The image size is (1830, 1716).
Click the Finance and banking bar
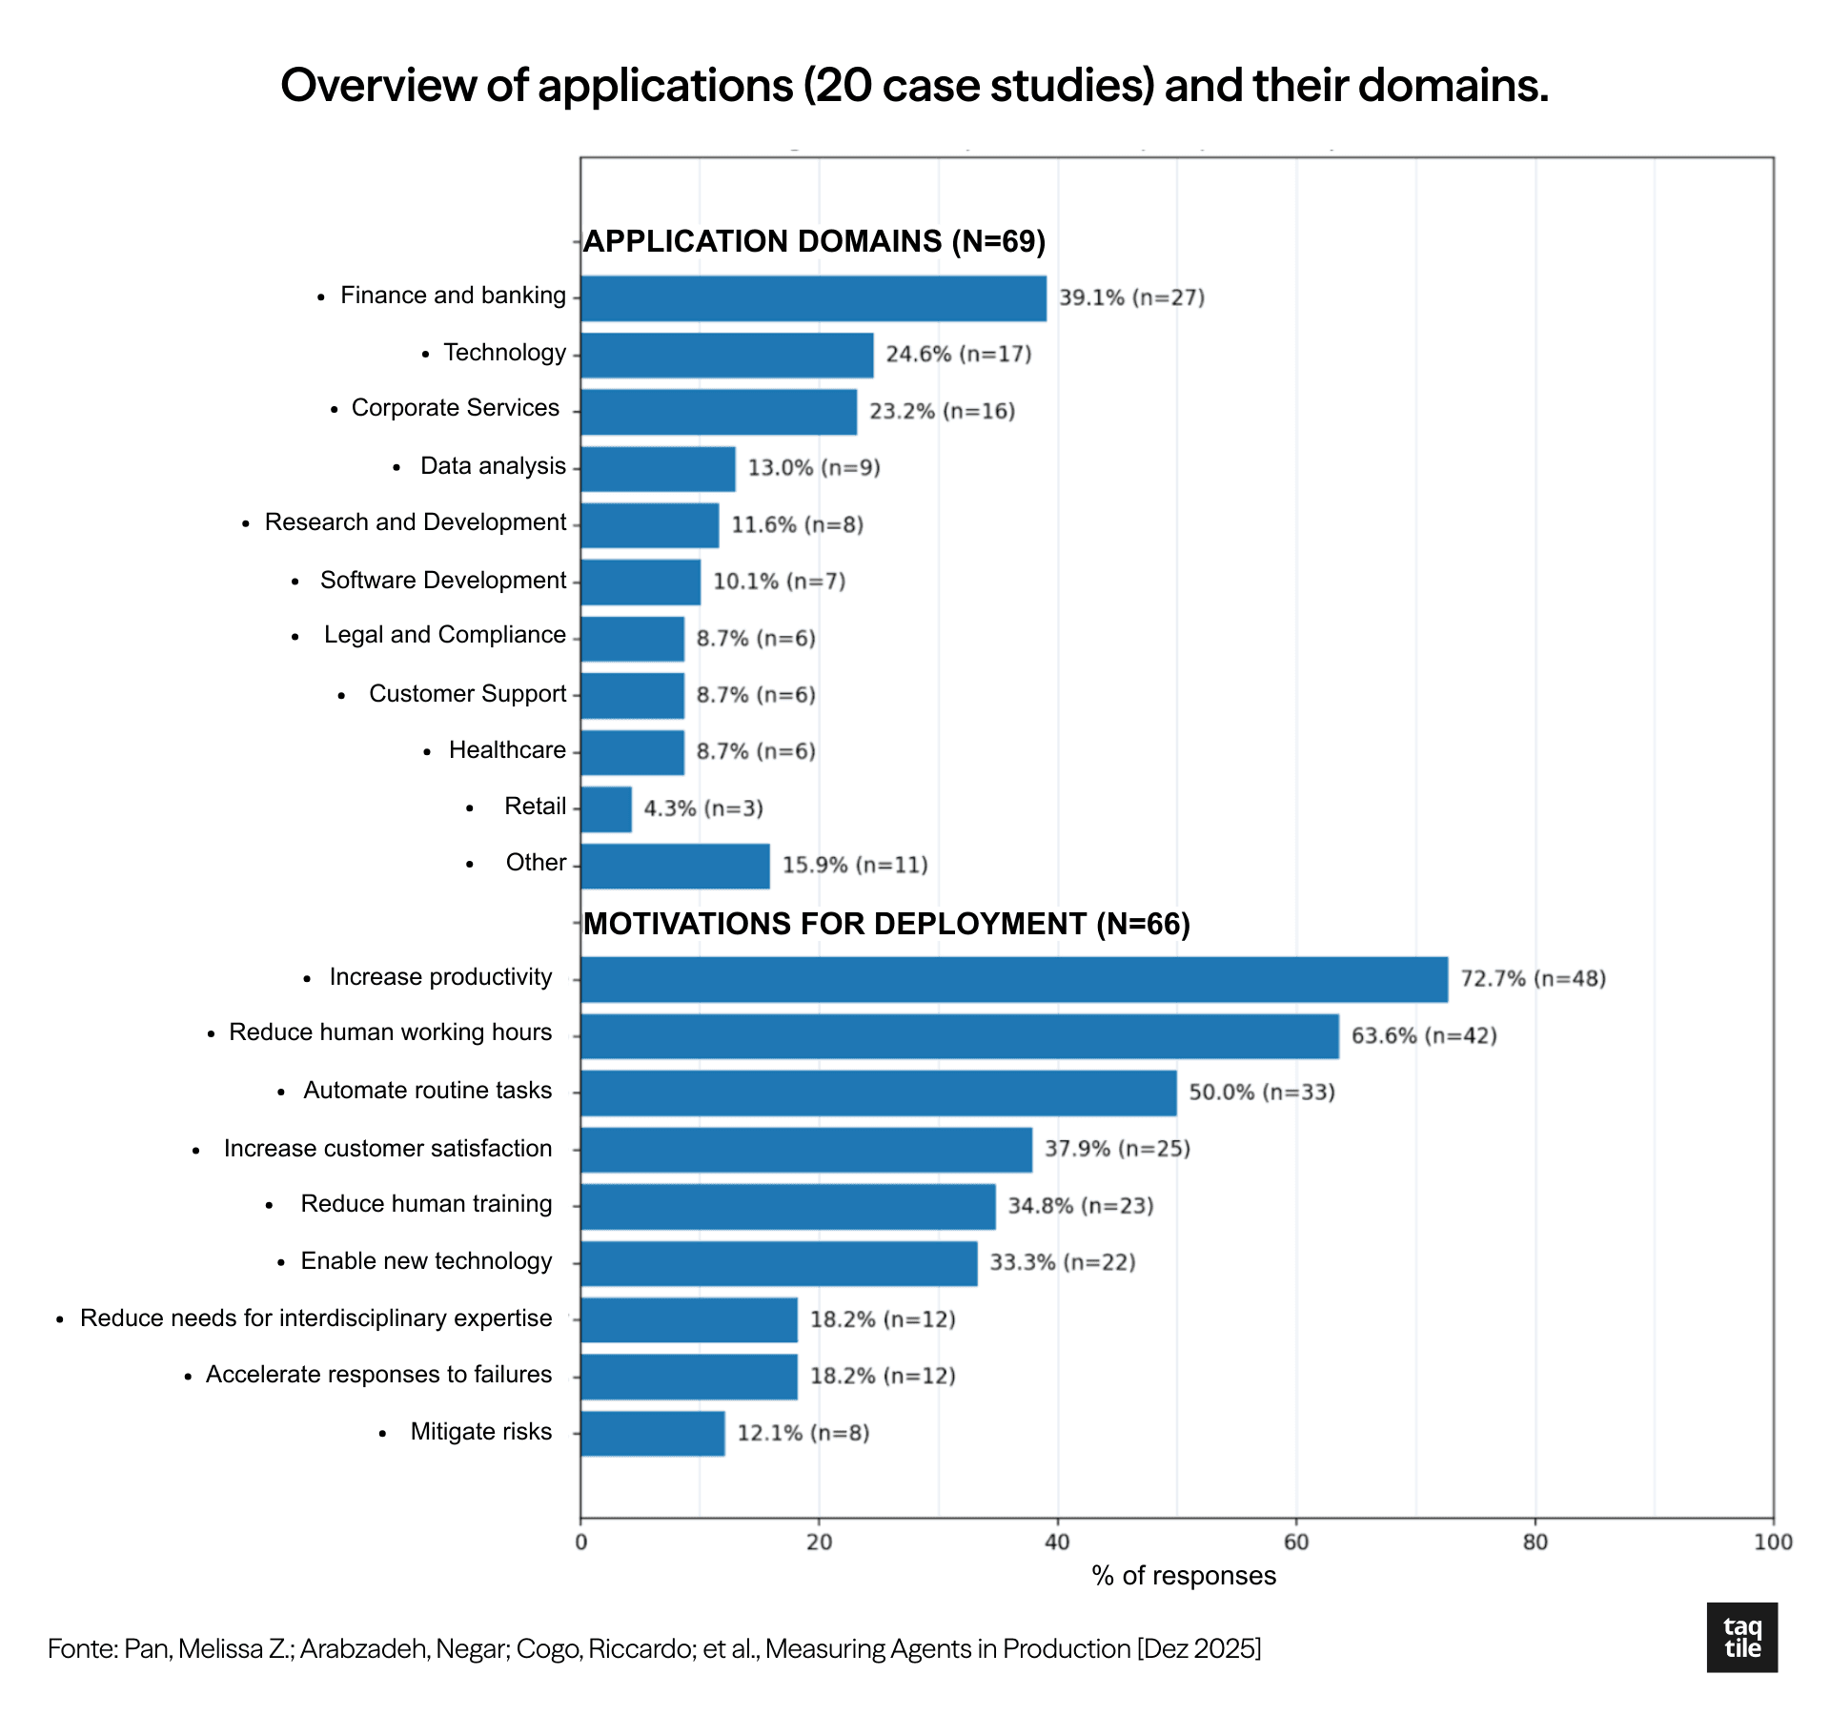[x=813, y=298]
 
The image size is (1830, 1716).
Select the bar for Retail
[x=606, y=809]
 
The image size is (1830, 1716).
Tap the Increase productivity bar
[x=1014, y=979]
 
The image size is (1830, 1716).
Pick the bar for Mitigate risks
[x=653, y=1433]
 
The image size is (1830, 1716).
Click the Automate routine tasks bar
[x=878, y=1093]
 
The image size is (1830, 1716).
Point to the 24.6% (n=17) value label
[x=959, y=355]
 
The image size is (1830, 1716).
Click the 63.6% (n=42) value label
[x=1424, y=1036]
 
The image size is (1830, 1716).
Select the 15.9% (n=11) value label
[x=855, y=866]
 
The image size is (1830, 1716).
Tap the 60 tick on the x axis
[x=1296, y=1542]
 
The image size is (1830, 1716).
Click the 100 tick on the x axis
[x=1773, y=1542]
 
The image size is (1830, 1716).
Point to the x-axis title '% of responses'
[x=1184, y=1576]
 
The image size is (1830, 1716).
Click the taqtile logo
[x=1742, y=1638]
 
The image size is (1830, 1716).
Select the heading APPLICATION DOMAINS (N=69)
[x=815, y=241]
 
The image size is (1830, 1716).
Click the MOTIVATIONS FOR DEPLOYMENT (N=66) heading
[x=887, y=924]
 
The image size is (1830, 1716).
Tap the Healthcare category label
[x=507, y=750]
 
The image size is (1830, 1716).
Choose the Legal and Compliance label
[x=444, y=635]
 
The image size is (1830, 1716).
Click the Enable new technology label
[x=426, y=1261]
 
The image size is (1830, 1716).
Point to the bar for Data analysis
[x=658, y=469]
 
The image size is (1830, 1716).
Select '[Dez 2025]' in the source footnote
[x=1199, y=1648]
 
